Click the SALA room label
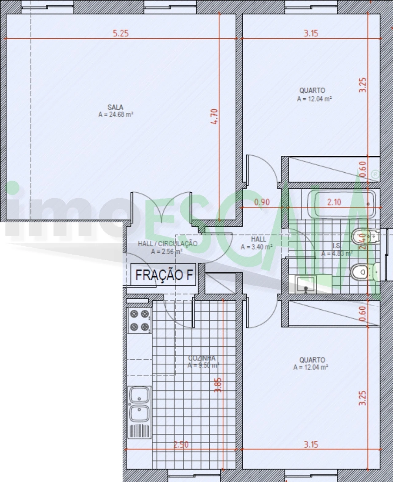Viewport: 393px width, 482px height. click(x=115, y=107)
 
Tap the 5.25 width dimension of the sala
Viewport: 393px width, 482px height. click(x=121, y=33)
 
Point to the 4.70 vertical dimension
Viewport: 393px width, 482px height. click(x=215, y=116)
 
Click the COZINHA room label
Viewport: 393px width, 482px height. click(x=202, y=358)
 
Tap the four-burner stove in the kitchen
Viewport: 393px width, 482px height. click(x=139, y=320)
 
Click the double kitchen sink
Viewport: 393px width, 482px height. click(x=139, y=404)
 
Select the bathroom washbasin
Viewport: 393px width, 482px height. click(x=305, y=284)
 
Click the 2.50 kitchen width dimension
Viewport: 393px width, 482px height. click(x=181, y=444)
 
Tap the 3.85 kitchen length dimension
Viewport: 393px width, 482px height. click(x=218, y=385)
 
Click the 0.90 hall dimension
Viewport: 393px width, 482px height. click(x=262, y=202)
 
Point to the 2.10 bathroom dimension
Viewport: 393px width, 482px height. click(x=334, y=202)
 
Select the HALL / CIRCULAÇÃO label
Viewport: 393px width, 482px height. click(x=167, y=244)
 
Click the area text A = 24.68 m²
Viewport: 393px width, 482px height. click(x=116, y=115)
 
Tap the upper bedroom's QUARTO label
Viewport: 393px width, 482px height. click(x=312, y=91)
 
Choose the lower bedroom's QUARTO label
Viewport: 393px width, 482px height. click(x=312, y=360)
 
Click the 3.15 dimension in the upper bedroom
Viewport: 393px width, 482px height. click(x=311, y=33)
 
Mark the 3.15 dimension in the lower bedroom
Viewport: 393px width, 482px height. click(x=311, y=444)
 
